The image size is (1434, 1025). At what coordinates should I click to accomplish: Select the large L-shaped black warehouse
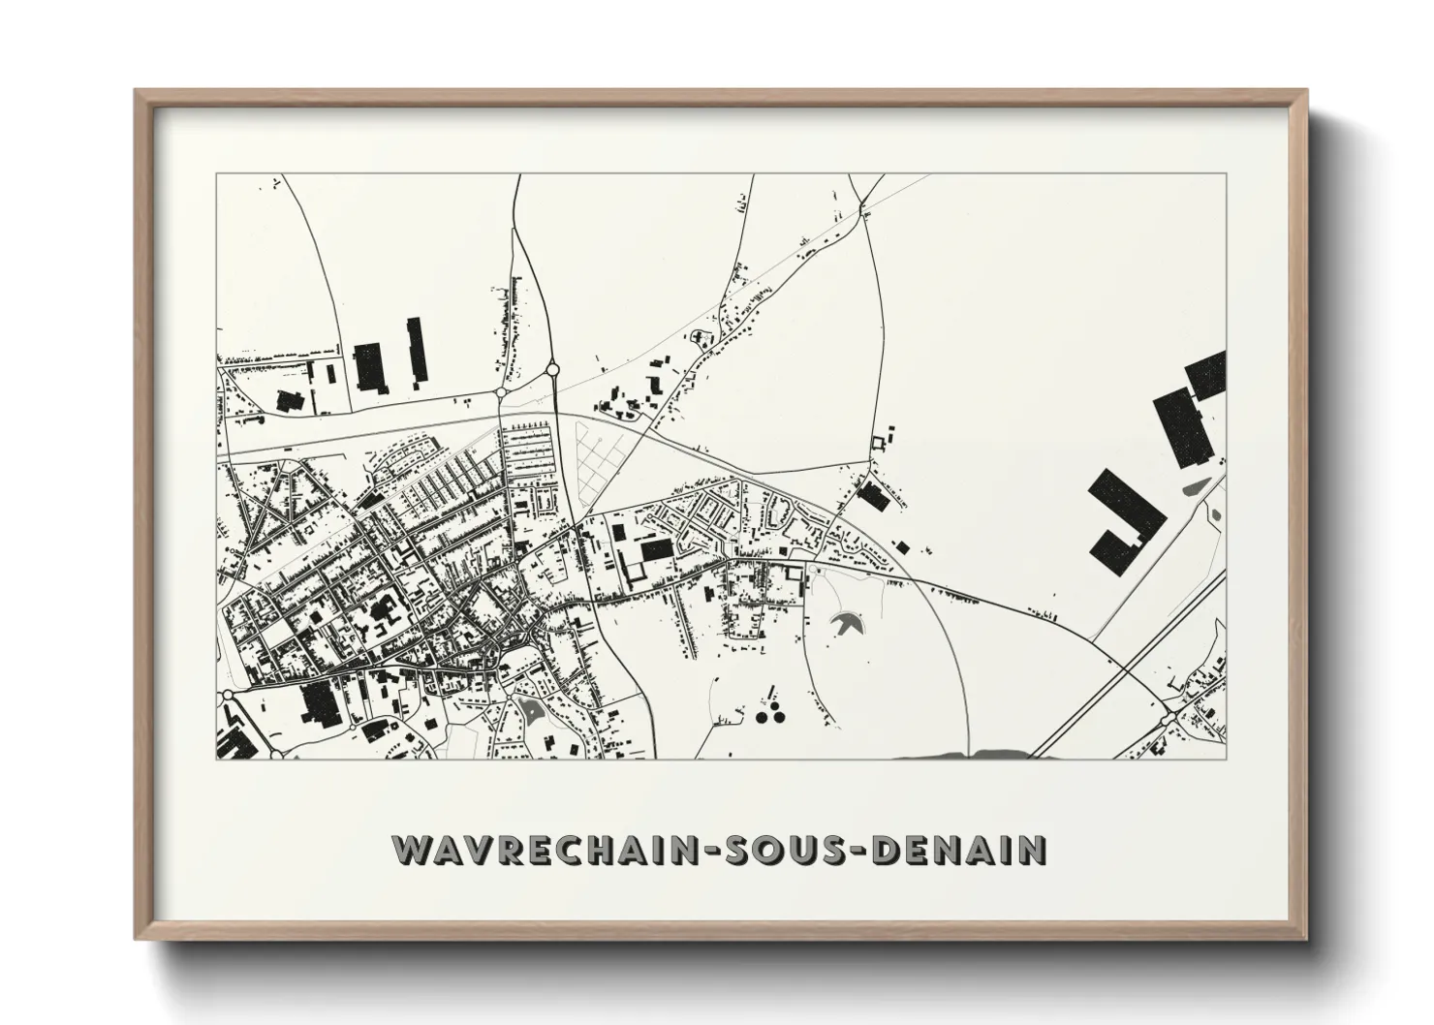pos(1124,519)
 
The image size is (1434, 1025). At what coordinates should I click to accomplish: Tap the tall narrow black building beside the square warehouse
pos(417,351)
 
